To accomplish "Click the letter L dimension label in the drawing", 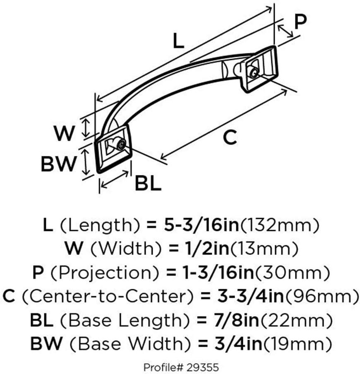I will point(178,41).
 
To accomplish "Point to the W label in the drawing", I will point(65,134).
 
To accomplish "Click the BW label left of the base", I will point(58,164).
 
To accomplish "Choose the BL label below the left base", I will point(148,184).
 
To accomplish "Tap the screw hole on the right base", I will point(252,72).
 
